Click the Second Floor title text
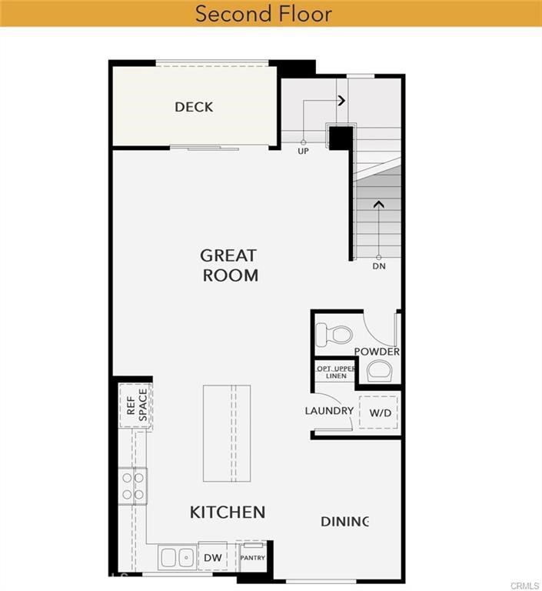(263, 14)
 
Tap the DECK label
(194, 107)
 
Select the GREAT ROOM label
(229, 265)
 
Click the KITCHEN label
(228, 512)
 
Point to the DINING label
(345, 522)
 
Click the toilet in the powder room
(334, 335)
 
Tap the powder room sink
(379, 371)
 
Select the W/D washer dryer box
(380, 412)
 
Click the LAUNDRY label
(329, 411)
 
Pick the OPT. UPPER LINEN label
(337, 372)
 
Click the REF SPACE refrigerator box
(136, 406)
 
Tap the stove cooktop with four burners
(133, 486)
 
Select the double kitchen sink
(178, 557)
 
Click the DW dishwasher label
(213, 557)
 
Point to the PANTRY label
(253, 557)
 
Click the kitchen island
(227, 433)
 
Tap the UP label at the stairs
(304, 152)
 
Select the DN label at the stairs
(379, 266)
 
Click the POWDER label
(377, 352)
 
